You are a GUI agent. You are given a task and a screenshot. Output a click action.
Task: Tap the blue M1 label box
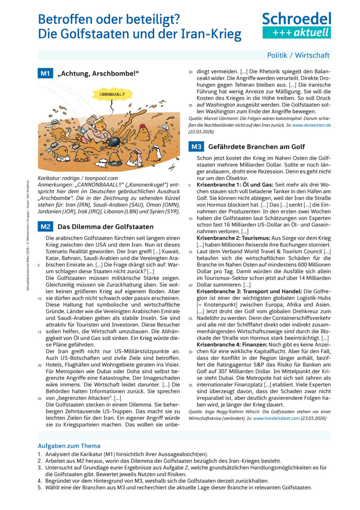tap(45, 74)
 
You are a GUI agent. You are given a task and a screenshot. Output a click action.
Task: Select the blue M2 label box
tap(45, 226)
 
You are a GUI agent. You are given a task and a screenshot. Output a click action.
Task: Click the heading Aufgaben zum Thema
tap(69, 445)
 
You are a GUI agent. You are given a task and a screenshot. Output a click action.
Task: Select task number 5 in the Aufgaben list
tap(39, 487)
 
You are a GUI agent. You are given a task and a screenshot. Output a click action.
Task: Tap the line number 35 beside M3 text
tap(190, 384)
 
